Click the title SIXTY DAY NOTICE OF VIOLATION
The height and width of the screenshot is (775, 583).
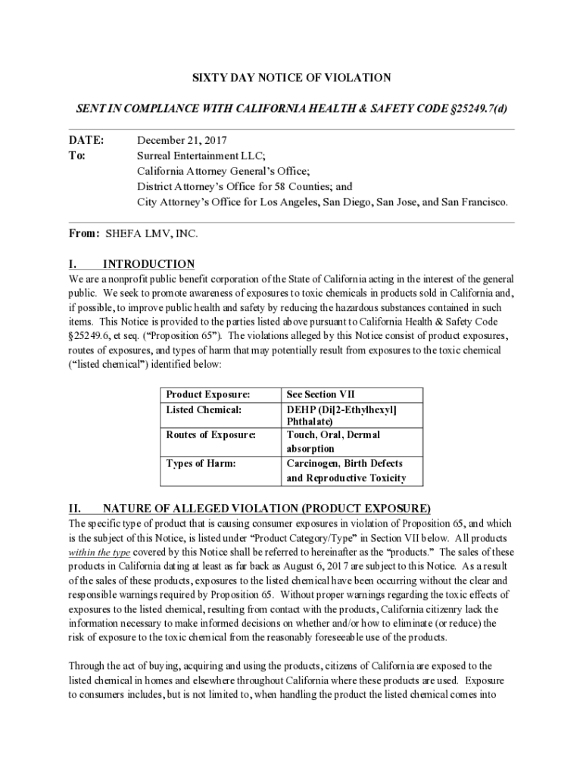291,78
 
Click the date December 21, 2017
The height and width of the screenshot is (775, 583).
182,141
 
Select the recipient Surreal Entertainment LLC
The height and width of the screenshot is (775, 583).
200,156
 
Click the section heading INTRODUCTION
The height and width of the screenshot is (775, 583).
148,264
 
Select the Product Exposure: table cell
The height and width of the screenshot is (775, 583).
207,394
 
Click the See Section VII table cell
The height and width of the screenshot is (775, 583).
320,394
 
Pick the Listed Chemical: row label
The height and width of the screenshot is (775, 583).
204,409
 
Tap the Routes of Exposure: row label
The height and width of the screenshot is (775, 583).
210,435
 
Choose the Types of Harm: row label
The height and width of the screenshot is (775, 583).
201,463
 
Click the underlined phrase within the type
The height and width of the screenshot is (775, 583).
101,552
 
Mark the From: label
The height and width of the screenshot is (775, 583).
84,234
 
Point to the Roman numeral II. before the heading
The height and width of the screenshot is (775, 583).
76,508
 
